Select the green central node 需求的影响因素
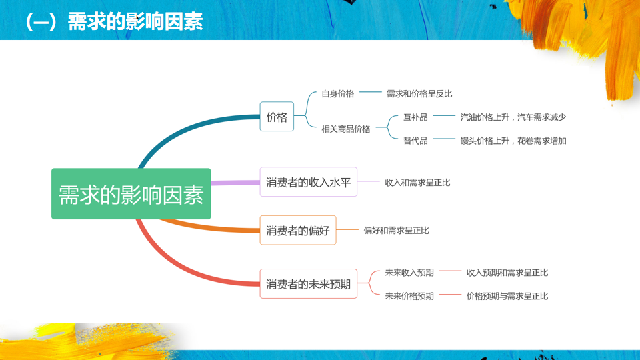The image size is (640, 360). point(131,194)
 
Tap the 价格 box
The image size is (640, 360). point(277,117)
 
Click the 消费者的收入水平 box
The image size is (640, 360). point(308,182)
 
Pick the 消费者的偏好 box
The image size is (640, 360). point(298,231)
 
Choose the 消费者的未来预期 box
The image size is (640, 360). point(308,284)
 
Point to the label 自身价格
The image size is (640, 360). point(338,94)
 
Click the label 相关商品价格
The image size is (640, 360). point(346,129)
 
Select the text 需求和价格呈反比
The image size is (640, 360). point(419,94)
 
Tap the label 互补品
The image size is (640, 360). point(415,117)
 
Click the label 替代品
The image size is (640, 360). point(415,141)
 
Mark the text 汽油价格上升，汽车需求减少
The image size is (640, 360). point(513,117)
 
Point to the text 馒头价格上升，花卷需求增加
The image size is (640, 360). point(513,141)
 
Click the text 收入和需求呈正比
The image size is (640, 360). point(417,182)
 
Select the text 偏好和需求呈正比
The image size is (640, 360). point(396,231)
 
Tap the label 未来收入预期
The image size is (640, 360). point(409,273)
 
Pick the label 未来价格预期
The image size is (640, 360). point(409,296)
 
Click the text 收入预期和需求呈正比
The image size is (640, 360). point(507,273)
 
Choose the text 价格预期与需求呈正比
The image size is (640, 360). point(507,296)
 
